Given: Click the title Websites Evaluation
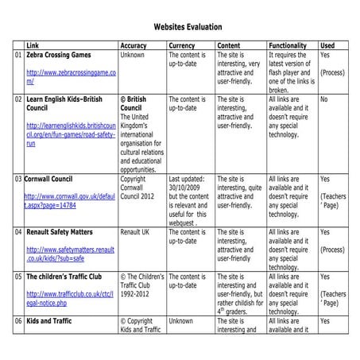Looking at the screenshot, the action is click(180, 26).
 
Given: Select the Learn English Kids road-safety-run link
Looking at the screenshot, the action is click(70, 134).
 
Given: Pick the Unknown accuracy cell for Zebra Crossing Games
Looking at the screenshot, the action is click(133, 56).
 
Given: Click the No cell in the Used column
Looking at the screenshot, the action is click(323, 100).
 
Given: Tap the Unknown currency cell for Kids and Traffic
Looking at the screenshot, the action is click(181, 321).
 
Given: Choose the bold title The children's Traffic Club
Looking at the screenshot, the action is click(68, 277).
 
